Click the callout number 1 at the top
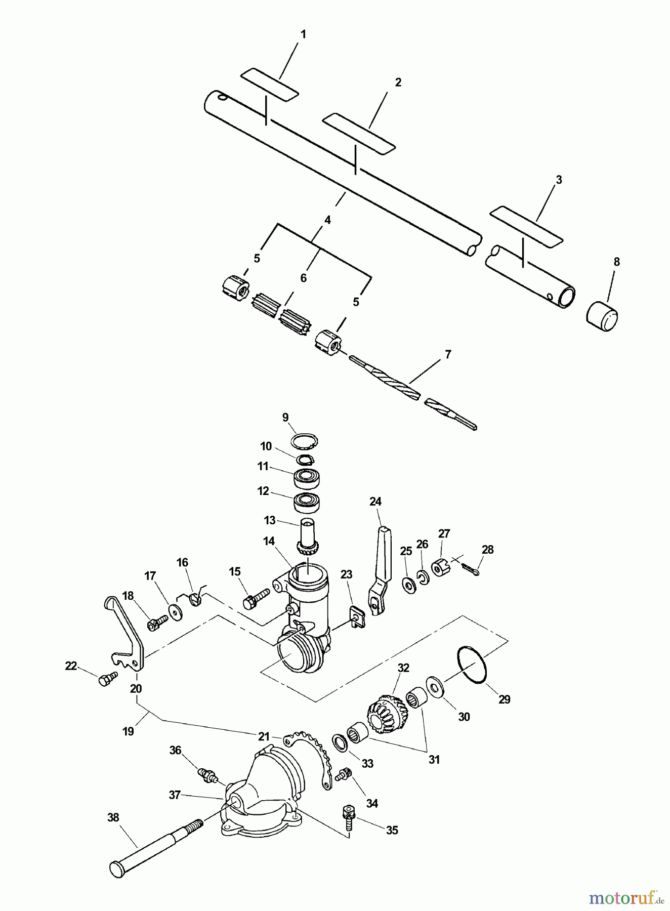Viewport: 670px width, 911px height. (x=303, y=34)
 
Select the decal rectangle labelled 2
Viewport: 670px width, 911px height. (x=359, y=133)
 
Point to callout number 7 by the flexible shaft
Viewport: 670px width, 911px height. (x=447, y=354)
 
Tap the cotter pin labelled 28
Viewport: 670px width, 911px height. (x=473, y=568)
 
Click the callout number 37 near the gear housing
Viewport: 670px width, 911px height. (x=175, y=795)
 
